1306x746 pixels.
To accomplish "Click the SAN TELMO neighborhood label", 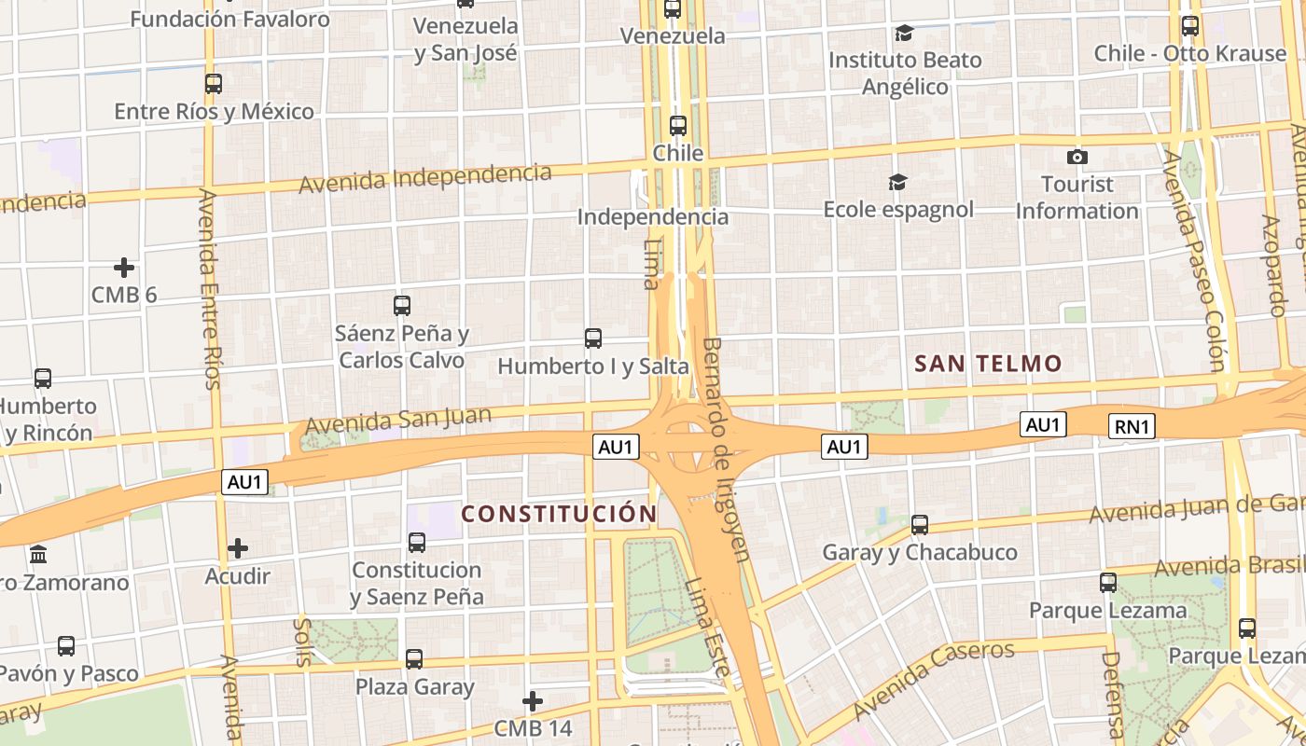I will (988, 364).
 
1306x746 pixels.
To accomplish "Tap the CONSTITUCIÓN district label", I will (560, 514).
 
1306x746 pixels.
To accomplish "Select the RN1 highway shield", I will (1132, 427).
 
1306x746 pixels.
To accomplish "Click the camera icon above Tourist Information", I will (1077, 157).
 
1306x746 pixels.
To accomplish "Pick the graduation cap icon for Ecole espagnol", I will (897, 182).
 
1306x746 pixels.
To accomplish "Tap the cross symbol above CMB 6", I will (124, 269).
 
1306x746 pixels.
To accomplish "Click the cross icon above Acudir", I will (238, 548).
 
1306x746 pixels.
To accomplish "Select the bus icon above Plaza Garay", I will (414, 659).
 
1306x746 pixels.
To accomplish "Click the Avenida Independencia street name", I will (424, 177).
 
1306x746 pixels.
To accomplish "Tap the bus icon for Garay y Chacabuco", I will (920, 525).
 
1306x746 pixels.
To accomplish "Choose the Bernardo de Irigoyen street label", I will (726, 449).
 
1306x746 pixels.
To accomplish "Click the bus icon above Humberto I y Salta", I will (592, 338).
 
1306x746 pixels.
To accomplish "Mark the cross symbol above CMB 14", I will (533, 700).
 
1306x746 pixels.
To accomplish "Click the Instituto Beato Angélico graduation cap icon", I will (904, 34).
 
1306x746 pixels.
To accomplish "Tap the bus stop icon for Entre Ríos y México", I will (214, 84).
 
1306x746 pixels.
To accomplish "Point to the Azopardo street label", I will (1274, 265).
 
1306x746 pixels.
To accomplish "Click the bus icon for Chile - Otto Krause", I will (1189, 26).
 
